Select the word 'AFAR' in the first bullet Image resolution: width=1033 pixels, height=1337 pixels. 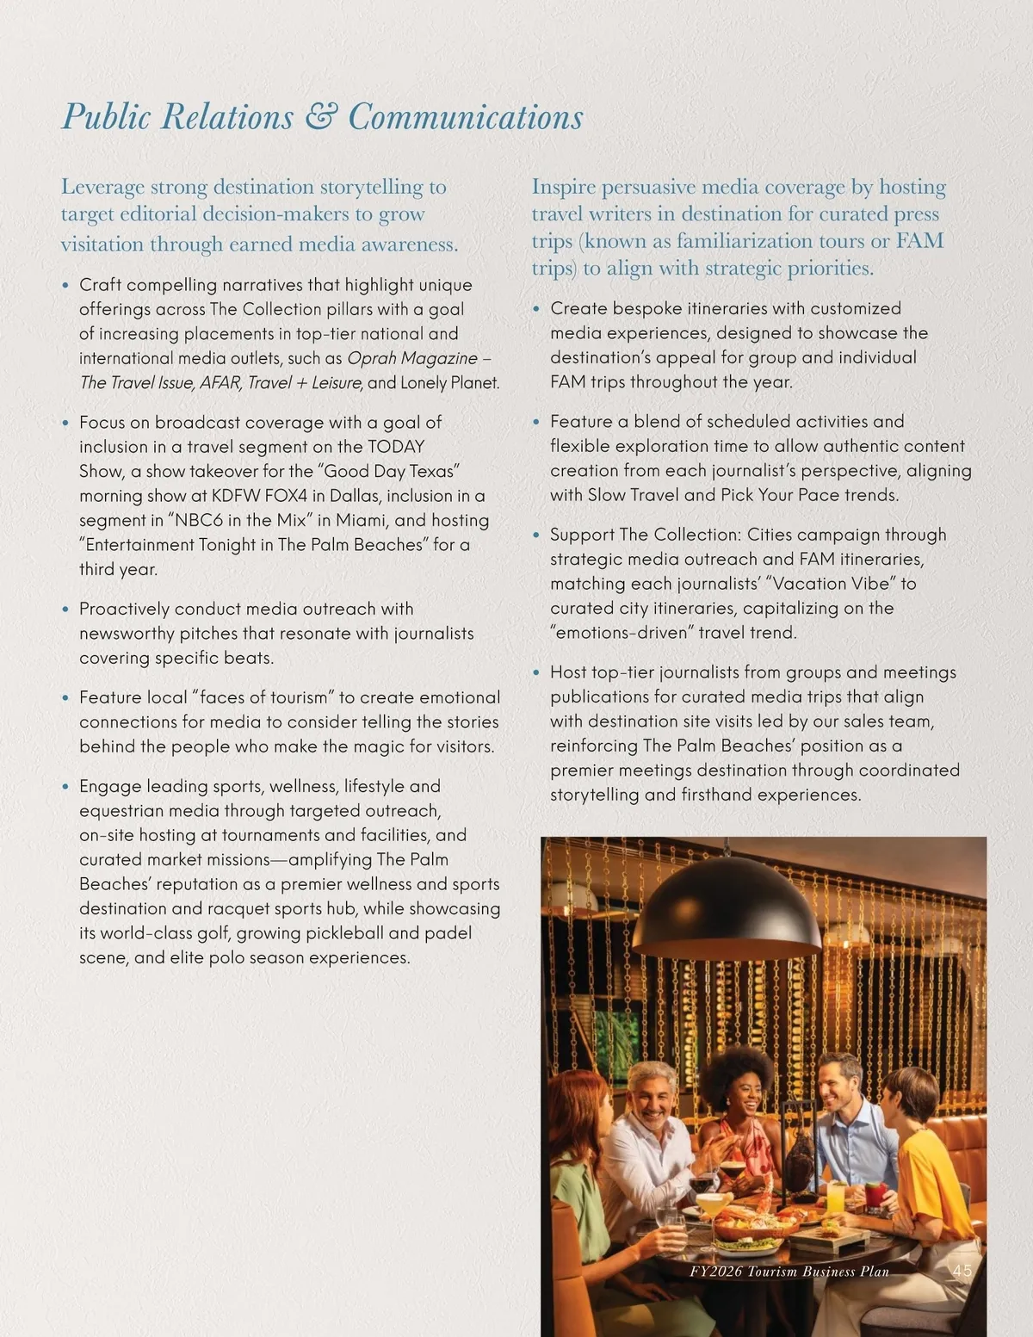pyautogui.click(x=220, y=382)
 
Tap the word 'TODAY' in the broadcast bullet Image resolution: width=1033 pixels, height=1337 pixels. pyautogui.click(x=396, y=446)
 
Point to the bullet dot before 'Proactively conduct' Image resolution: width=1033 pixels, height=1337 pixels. pyautogui.click(x=65, y=610)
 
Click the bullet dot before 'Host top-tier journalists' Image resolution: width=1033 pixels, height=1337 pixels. pyautogui.click(x=536, y=672)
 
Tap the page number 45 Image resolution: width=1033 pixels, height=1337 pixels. pyautogui.click(x=962, y=1271)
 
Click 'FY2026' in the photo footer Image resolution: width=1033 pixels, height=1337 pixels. pyautogui.click(x=715, y=1272)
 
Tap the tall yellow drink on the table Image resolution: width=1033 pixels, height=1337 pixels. pyautogui.click(x=835, y=1196)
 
